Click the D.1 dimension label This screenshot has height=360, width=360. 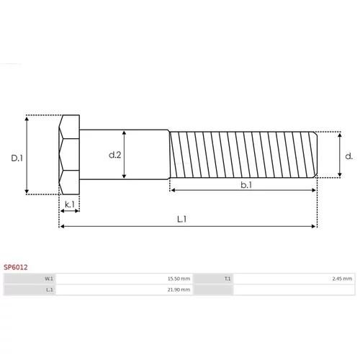click(17, 158)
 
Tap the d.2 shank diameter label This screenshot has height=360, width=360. click(115, 155)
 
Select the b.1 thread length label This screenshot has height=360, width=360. click(246, 185)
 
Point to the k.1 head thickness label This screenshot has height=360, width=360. click(70, 204)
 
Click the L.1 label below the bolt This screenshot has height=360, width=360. click(181, 219)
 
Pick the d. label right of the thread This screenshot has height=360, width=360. click(348, 156)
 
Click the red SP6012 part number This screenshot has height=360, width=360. click(16, 267)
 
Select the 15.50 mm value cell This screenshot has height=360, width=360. click(179, 279)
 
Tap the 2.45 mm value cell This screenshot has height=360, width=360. click(342, 279)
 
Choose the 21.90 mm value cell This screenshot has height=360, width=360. click(179, 289)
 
